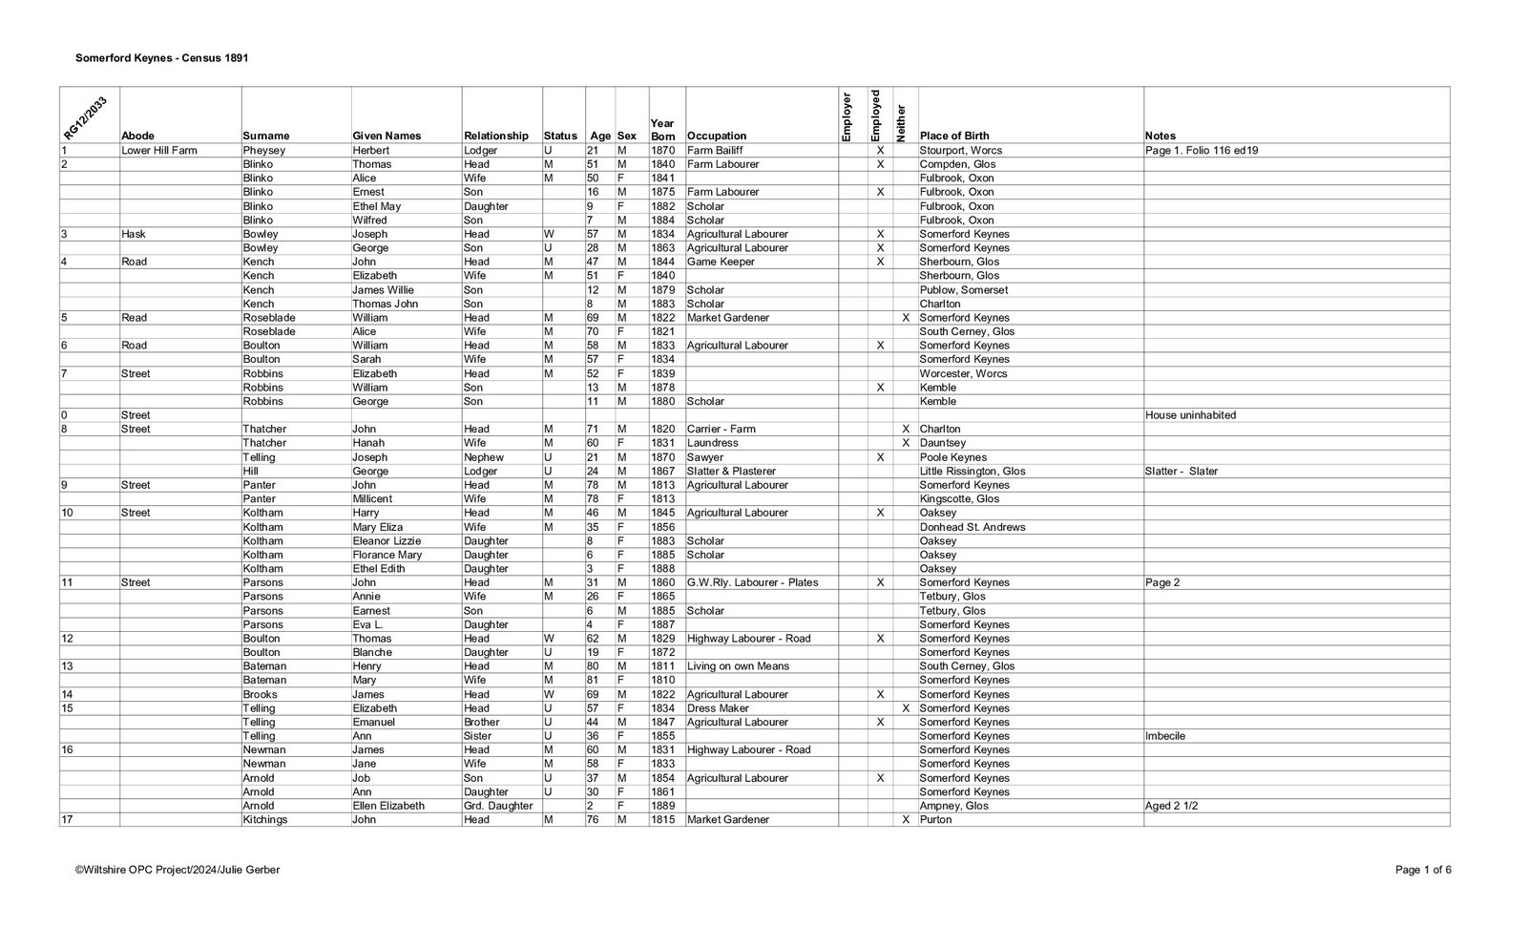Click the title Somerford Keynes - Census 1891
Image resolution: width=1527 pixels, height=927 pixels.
click(162, 58)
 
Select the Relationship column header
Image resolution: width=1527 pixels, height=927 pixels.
click(495, 136)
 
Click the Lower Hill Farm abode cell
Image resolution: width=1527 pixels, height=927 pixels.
click(159, 150)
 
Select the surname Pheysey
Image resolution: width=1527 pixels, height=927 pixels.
click(264, 150)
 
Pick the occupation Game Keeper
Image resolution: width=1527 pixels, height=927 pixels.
click(721, 262)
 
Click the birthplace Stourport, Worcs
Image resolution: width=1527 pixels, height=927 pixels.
click(961, 150)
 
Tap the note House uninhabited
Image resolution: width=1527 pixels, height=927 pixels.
click(1191, 415)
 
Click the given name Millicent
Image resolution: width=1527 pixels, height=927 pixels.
click(372, 498)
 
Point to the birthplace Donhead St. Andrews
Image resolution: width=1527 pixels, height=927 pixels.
click(973, 527)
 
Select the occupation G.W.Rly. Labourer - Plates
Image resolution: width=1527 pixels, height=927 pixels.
click(752, 582)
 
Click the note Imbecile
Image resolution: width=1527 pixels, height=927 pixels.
click(1165, 736)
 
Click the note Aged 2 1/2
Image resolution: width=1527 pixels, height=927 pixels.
click(1171, 806)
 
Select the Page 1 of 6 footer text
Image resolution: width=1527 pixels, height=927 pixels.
click(1423, 870)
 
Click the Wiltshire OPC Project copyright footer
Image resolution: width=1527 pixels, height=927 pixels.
click(178, 870)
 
